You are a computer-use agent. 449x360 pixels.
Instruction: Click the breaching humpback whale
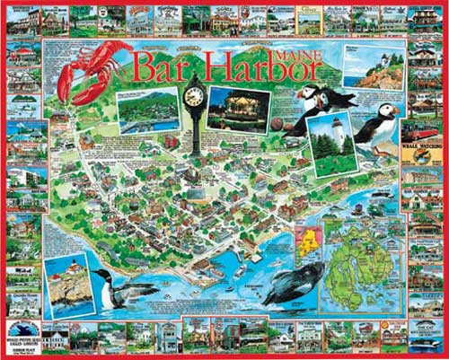point(293,285)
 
